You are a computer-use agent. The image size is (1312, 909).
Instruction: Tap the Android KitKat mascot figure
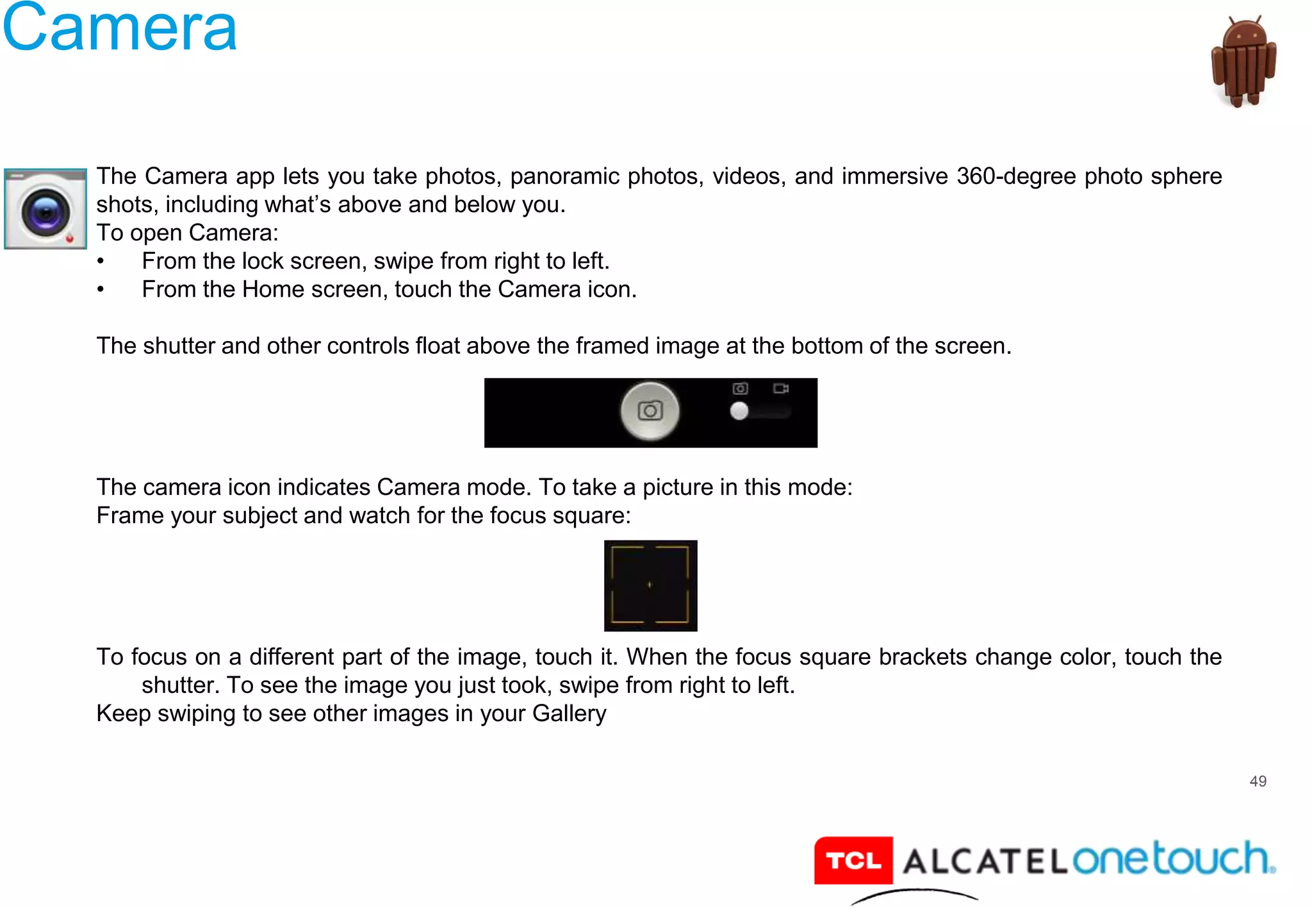pos(1243,62)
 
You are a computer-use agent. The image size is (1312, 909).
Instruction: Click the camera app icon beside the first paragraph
pos(45,209)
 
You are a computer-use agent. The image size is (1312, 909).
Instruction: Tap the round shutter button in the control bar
pos(650,411)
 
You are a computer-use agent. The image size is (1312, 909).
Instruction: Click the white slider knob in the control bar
pos(739,411)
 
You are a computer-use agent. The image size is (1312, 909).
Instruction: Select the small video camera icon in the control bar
pos(780,388)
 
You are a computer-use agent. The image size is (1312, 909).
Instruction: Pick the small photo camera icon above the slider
pos(740,388)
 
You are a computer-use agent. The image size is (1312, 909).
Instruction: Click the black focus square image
pos(650,585)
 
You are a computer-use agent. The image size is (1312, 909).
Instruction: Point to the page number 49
pos(1258,781)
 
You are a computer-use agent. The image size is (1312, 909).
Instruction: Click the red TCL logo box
pos(853,860)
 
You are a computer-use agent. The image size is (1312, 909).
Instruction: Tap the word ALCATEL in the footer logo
pos(985,861)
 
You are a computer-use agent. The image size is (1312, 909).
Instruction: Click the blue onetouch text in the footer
pos(1172,859)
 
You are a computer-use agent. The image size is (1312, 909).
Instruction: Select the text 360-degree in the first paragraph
pos(1016,176)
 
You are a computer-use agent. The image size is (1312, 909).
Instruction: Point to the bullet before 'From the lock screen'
pos(101,262)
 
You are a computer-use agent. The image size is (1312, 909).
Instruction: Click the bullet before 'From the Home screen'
pos(101,290)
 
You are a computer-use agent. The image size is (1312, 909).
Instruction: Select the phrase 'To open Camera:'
pos(187,233)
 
